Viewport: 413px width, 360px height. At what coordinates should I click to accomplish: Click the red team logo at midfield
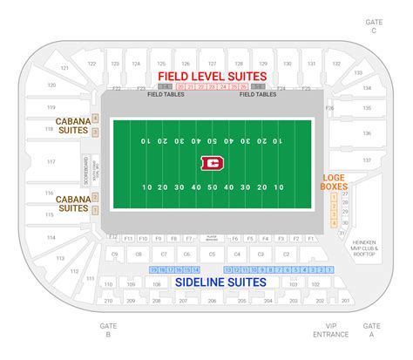[x=210, y=162]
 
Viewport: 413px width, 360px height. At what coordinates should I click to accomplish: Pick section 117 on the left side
[x=51, y=162]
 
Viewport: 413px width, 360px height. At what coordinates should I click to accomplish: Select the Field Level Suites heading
[x=212, y=77]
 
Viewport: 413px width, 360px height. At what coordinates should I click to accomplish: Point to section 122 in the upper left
[x=91, y=64]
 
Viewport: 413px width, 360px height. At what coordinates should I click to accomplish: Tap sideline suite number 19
[x=154, y=270]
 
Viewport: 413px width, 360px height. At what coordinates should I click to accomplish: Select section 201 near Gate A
[x=345, y=301]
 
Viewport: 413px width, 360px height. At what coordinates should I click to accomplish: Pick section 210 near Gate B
[x=107, y=301]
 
